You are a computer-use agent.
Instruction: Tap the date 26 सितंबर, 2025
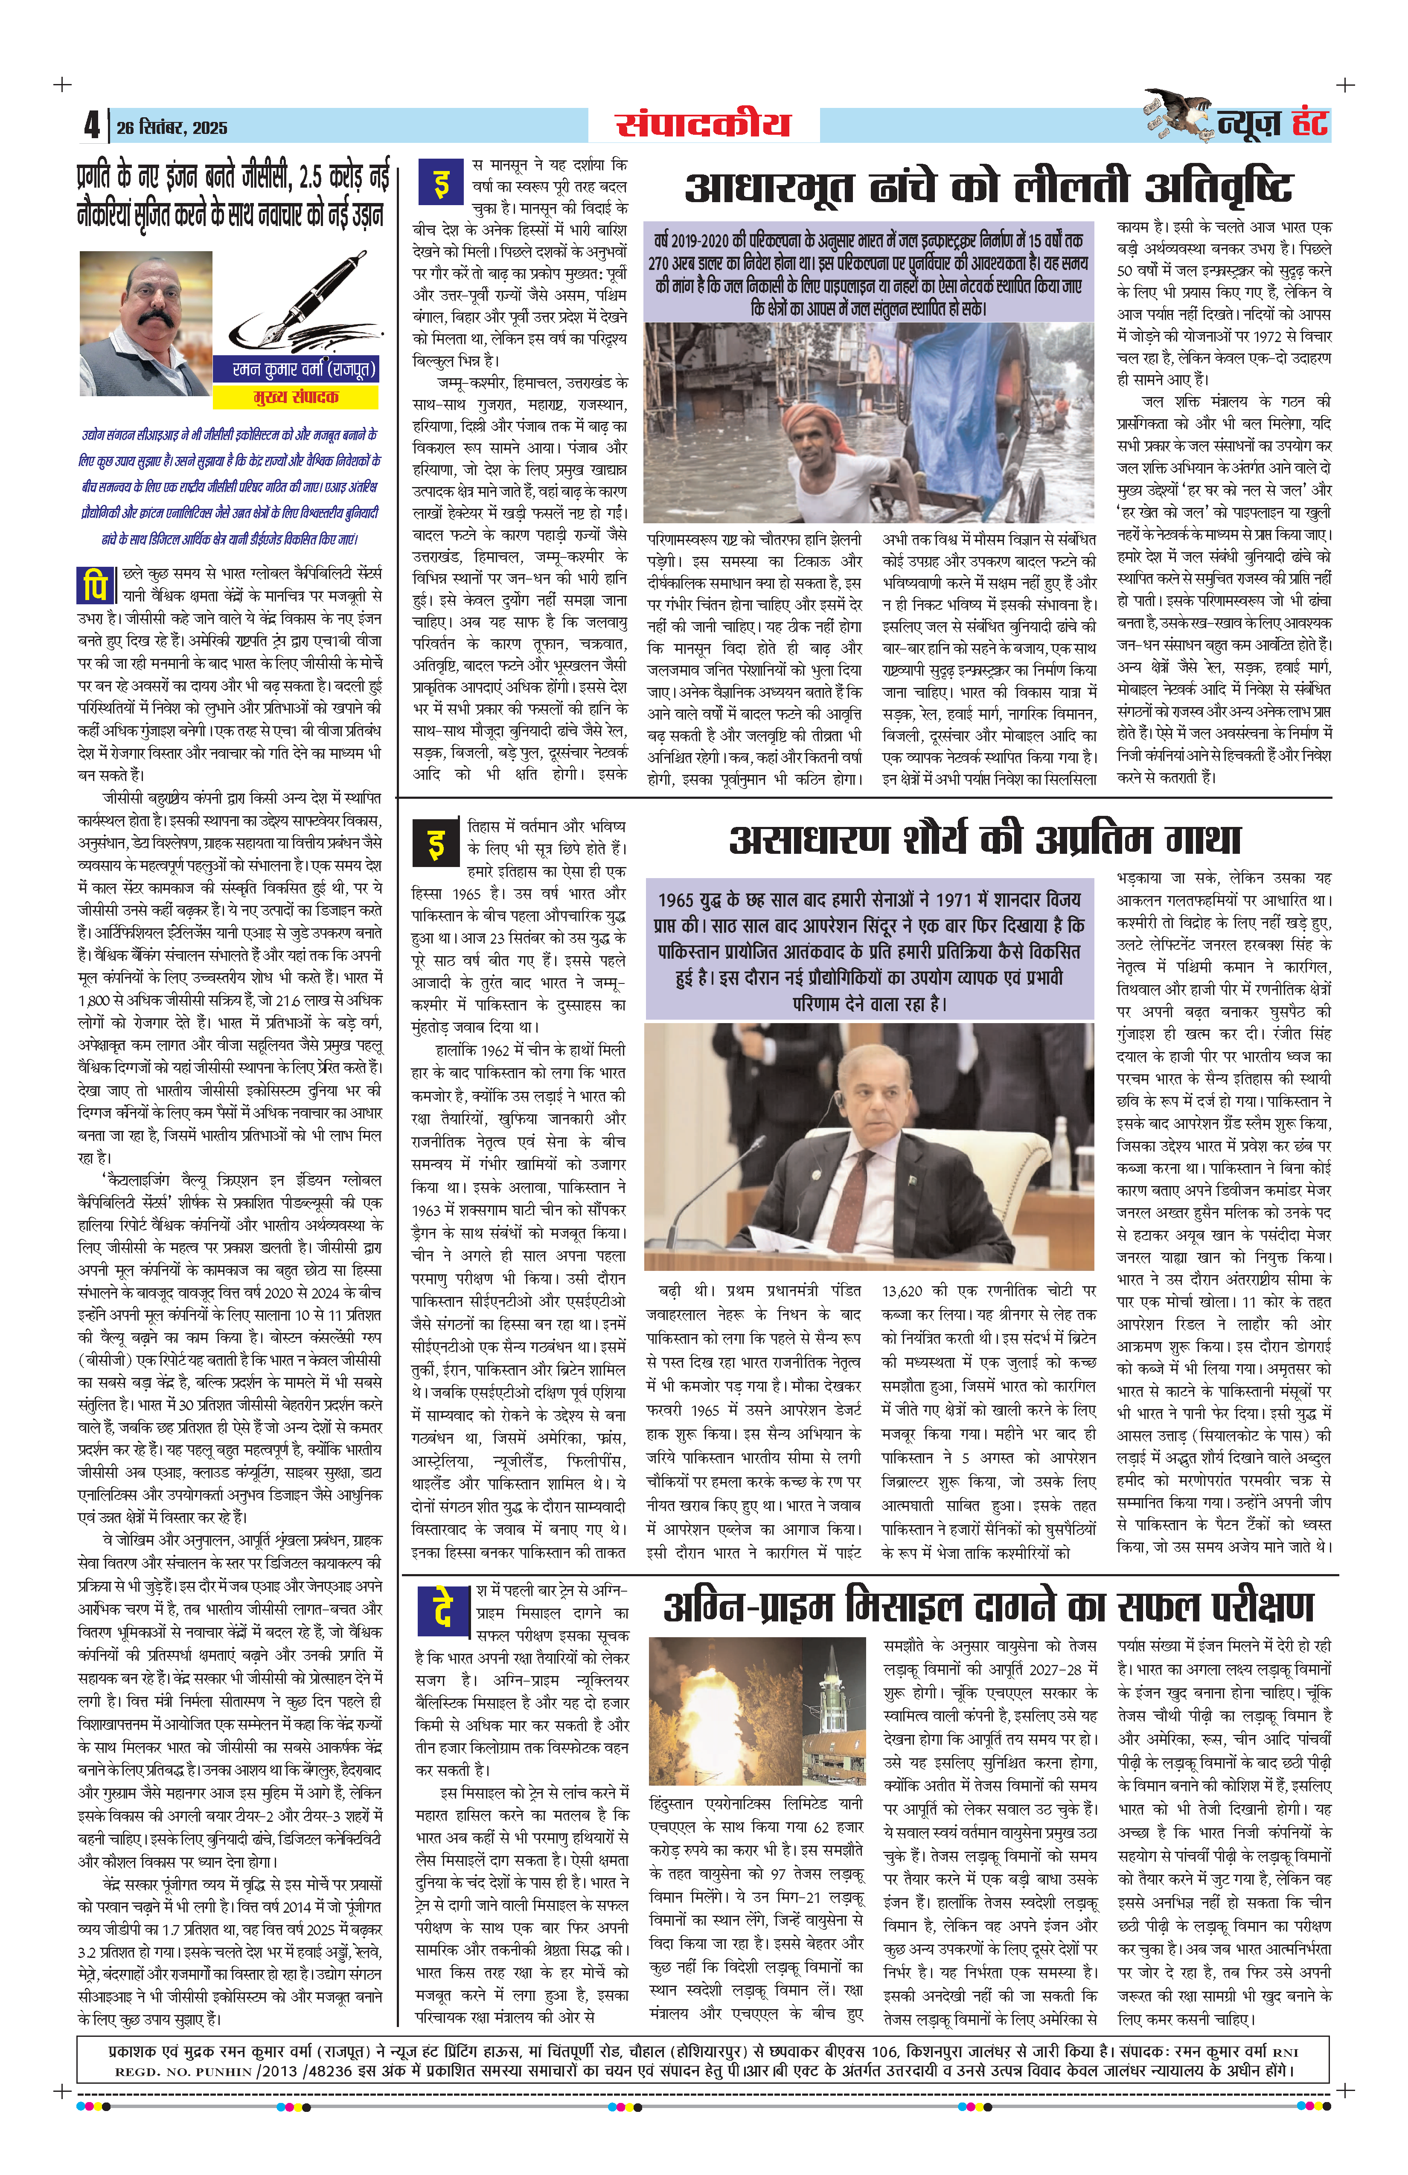click(x=172, y=128)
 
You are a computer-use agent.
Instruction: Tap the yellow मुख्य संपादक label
click(x=295, y=397)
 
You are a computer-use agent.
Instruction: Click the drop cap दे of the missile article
click(x=442, y=1611)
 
